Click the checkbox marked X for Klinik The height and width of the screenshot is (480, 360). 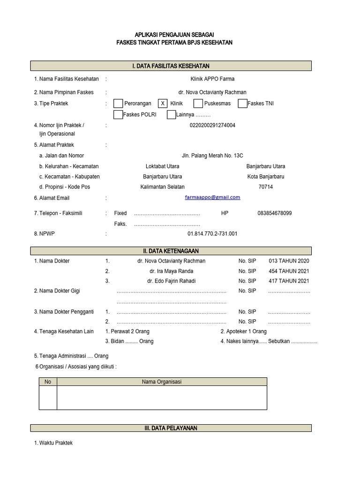162,104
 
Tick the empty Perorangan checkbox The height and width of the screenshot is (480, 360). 119,104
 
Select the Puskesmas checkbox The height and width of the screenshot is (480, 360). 198,104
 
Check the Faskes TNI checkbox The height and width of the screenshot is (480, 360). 242,104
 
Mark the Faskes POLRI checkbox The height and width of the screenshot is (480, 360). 118,115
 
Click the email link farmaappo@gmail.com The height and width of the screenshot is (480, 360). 212,197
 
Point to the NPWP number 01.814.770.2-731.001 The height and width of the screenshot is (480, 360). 212,233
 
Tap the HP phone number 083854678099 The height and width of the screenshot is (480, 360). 274,213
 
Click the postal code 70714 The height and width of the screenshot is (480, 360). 266,187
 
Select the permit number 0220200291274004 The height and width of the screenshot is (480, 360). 212,126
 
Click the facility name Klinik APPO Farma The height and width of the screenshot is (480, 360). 212,79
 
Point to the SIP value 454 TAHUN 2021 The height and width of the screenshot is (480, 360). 289,271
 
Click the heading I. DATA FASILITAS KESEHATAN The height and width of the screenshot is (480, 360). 171,66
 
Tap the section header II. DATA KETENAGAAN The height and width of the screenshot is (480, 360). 171,251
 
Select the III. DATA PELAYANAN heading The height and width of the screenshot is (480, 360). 171,428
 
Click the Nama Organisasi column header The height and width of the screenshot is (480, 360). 162,382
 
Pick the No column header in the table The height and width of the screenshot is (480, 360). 48,382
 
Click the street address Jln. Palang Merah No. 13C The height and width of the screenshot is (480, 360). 212,156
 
